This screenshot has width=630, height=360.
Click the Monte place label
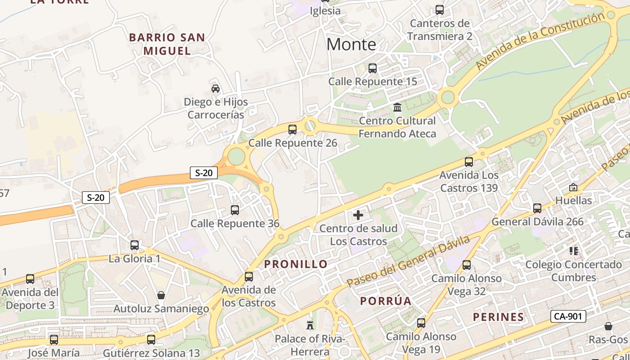pyautogui.click(x=351, y=44)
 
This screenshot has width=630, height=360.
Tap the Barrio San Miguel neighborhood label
pyautogui.click(x=167, y=44)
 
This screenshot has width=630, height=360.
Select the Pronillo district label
pyautogui.click(x=296, y=264)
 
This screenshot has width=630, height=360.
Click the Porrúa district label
pyautogui.click(x=386, y=301)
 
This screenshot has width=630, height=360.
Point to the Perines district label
pyautogui.click(x=498, y=317)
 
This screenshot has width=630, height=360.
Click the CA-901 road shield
pyautogui.click(x=568, y=316)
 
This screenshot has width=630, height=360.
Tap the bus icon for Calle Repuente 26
pyautogui.click(x=292, y=130)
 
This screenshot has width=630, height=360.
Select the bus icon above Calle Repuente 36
pyautogui.click(x=234, y=210)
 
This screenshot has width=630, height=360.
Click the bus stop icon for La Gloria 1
pyautogui.click(x=135, y=245)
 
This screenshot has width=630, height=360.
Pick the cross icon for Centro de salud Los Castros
pyautogui.click(x=358, y=215)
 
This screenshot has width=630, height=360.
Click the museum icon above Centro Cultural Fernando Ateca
pyautogui.click(x=397, y=107)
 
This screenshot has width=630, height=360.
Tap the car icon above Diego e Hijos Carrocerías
pyautogui.click(x=216, y=88)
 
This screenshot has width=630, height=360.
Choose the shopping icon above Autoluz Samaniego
pyautogui.click(x=161, y=295)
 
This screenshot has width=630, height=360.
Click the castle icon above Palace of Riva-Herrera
pyautogui.click(x=310, y=324)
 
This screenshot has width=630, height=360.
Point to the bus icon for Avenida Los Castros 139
pyautogui.click(x=469, y=162)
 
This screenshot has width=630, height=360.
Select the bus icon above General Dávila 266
pyautogui.click(x=537, y=208)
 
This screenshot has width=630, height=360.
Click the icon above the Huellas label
pyautogui.click(x=573, y=187)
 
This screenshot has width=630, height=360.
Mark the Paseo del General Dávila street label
pyautogui.click(x=408, y=261)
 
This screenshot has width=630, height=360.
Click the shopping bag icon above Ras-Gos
pyautogui.click(x=608, y=326)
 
